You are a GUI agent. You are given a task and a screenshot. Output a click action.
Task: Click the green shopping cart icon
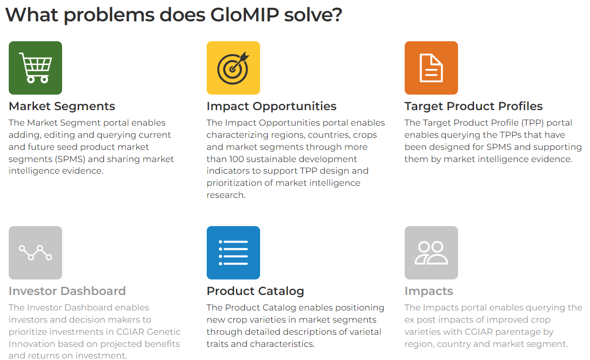tap(35, 67)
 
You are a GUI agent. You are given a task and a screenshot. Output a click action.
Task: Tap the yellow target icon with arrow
tap(233, 67)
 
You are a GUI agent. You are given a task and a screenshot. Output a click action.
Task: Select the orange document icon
tap(431, 67)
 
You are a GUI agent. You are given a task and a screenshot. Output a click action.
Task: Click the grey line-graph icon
tap(35, 253)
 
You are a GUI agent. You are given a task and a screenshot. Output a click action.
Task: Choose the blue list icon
tap(233, 253)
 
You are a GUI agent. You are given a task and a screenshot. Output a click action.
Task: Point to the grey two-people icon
tap(431, 253)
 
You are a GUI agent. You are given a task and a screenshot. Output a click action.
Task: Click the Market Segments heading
tap(62, 106)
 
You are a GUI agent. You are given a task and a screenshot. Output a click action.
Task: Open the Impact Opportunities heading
tap(272, 106)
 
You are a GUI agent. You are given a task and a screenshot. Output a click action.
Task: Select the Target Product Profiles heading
tap(474, 106)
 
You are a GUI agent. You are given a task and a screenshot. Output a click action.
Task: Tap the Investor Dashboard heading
tap(67, 291)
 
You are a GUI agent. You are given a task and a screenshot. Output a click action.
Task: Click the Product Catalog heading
tap(255, 291)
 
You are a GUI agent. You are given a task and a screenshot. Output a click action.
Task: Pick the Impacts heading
tap(429, 291)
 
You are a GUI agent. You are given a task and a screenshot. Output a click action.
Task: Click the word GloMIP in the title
tap(245, 15)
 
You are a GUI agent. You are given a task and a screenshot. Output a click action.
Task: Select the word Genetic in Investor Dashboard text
tap(164, 332)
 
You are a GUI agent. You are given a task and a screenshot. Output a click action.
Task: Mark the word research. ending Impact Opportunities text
tap(226, 195)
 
